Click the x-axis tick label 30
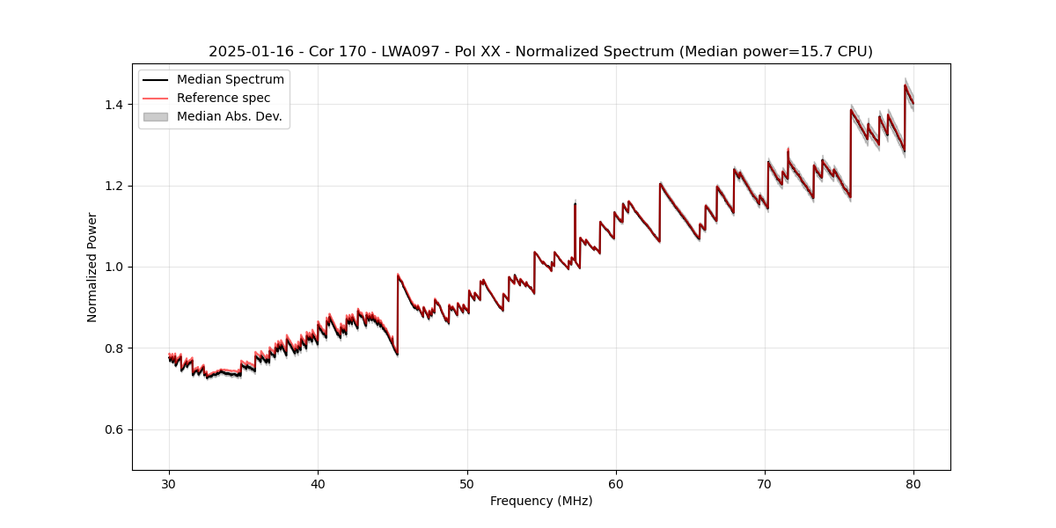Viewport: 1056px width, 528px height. (169, 483)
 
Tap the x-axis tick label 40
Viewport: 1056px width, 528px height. (318, 483)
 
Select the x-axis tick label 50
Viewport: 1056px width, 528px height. (467, 483)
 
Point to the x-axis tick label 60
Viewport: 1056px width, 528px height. (616, 483)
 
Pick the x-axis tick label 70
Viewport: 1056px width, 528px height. (765, 483)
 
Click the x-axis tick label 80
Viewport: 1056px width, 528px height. (913, 483)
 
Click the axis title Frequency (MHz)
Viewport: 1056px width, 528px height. (541, 501)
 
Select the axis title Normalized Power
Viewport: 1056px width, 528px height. (92, 267)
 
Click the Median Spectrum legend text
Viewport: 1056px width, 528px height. (230, 80)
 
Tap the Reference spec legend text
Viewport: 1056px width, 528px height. (224, 99)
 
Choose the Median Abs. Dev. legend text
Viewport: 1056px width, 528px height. (229, 116)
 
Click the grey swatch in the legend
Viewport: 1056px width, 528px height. (156, 116)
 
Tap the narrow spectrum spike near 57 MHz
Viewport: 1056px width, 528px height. (575, 211)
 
